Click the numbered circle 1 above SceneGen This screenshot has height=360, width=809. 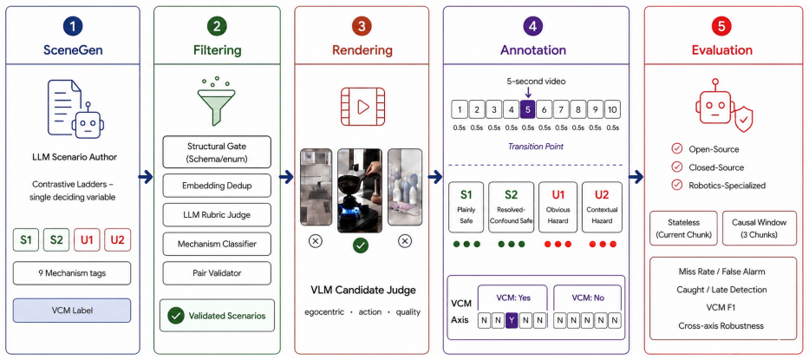pos(72,26)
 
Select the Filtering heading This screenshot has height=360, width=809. pos(218,50)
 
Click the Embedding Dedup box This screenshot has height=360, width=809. pos(217,186)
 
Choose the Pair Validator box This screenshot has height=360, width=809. pos(217,272)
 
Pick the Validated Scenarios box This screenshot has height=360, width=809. pos(217,315)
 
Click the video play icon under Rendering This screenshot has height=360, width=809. pos(362,107)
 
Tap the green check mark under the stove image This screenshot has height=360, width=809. pos(361,245)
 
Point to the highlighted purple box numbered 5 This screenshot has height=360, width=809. pos(527,109)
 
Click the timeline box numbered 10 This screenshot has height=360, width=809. pos(612,109)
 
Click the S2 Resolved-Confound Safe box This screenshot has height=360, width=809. pos(511,206)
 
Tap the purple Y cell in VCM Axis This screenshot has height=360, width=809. pos(511,320)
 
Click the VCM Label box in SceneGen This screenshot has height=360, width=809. pos(72,311)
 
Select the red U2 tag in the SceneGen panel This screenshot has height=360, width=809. pos(118,239)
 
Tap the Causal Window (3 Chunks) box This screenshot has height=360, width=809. pos(759,228)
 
